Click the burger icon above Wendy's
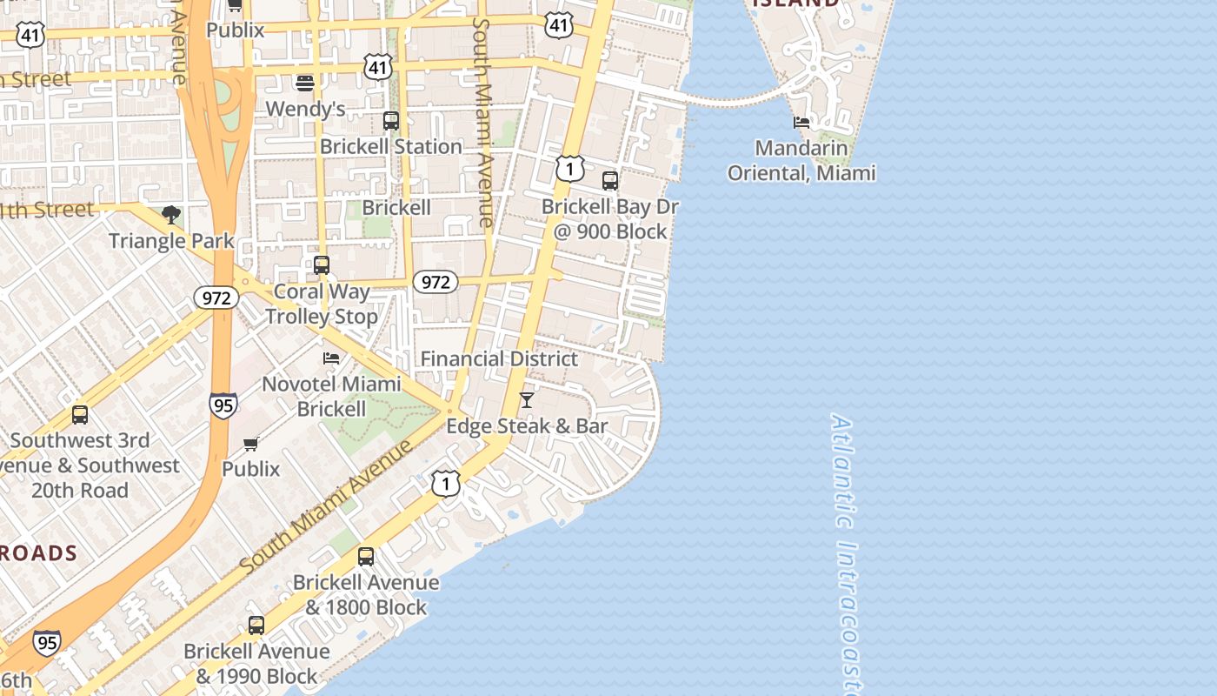click(x=304, y=84)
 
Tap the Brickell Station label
click(x=390, y=146)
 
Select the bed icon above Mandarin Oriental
click(x=801, y=123)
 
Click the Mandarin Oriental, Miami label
click(x=801, y=161)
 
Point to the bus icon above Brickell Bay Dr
click(x=610, y=181)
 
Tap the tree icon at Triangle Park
click(x=171, y=215)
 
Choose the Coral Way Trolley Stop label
click(x=322, y=304)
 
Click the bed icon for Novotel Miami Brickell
click(x=331, y=358)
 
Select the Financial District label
click(x=499, y=358)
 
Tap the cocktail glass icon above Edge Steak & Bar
click(x=526, y=400)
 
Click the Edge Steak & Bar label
click(x=527, y=426)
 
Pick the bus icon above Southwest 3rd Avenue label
click(x=80, y=415)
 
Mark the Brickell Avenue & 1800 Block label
click(x=366, y=594)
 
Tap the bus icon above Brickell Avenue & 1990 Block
click(x=256, y=626)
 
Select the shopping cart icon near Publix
click(x=251, y=445)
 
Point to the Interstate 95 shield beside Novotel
click(x=223, y=405)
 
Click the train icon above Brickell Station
click(x=391, y=121)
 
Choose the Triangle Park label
click(x=171, y=241)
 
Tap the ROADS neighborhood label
click(x=38, y=553)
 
